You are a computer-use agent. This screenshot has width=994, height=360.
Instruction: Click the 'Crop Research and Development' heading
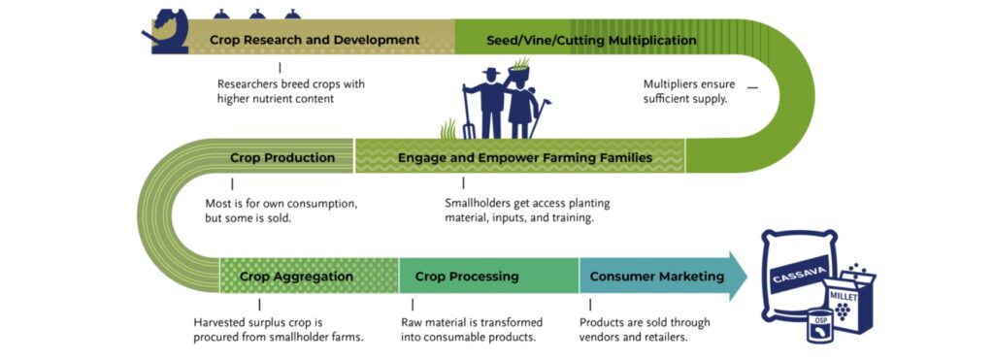(315, 40)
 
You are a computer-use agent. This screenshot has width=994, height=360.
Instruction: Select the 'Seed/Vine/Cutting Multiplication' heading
(591, 40)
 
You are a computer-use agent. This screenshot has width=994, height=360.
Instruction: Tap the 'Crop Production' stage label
(282, 157)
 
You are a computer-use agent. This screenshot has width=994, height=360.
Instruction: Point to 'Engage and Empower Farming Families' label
(524, 157)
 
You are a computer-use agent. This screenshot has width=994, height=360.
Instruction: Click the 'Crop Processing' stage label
(467, 277)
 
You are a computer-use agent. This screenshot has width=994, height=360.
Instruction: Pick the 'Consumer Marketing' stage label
(656, 277)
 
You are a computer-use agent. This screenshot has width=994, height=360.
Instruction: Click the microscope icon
(164, 26)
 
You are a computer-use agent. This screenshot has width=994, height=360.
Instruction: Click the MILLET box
(848, 295)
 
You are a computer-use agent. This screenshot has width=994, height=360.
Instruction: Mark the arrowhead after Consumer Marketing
(737, 277)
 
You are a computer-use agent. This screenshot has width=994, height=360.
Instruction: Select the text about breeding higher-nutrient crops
(290, 91)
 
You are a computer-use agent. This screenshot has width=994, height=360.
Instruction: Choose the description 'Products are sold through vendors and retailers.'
(645, 329)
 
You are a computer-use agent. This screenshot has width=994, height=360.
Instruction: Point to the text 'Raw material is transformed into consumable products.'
(472, 329)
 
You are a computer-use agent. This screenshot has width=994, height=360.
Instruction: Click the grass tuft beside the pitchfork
(448, 128)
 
